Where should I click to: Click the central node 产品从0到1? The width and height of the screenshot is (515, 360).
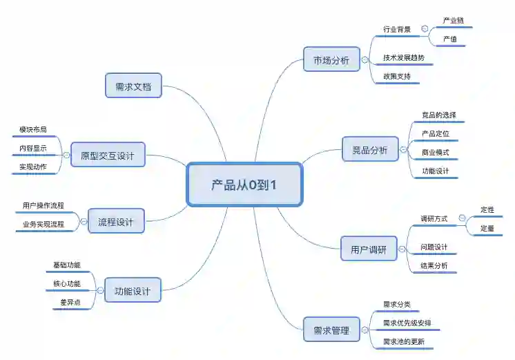tap(244, 184)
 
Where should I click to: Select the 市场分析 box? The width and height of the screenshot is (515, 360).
tap(331, 60)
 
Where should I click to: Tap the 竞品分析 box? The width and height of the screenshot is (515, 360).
tap(370, 150)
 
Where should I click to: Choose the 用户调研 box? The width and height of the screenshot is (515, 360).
tap(369, 249)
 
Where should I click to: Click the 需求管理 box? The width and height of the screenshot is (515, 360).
tap(331, 330)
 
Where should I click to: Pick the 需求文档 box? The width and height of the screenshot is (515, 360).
tap(133, 86)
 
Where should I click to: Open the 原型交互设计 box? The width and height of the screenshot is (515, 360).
tap(108, 155)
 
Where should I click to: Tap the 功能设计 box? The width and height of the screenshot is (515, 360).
tap(132, 291)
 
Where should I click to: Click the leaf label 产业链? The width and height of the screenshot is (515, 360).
tap(454, 21)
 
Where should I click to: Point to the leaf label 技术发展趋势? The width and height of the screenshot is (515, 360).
tap(404, 57)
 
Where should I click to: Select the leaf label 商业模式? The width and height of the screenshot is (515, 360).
tap(436, 151)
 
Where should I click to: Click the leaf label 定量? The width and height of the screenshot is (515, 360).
tap(487, 227)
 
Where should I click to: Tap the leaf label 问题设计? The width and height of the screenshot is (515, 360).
tap(434, 247)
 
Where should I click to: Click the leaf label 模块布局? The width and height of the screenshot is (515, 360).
tap(37, 129)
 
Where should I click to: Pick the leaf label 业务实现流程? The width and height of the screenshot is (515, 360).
tap(43, 224)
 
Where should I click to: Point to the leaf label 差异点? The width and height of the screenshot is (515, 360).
tap(70, 302)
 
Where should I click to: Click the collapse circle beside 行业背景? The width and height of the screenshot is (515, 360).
tap(425, 30)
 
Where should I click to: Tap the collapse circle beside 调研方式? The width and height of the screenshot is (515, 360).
tap(462, 218)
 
